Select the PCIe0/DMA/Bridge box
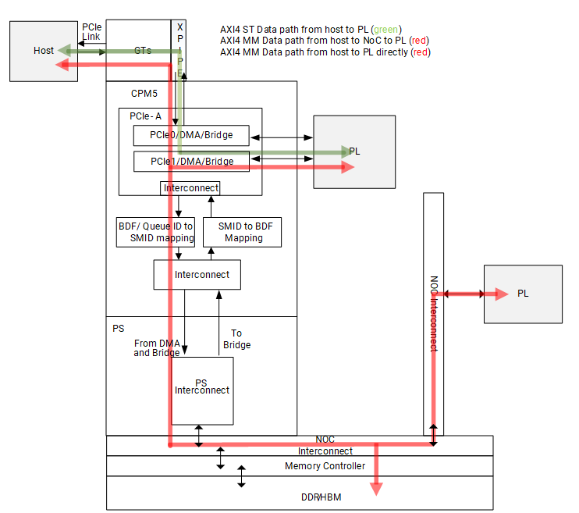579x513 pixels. click(190, 135)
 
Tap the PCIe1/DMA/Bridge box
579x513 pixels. click(190, 161)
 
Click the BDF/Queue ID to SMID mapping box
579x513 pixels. click(155, 232)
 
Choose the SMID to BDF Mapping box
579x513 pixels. click(242, 232)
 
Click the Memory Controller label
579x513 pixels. click(325, 466)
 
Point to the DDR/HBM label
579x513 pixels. click(323, 497)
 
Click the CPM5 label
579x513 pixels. click(145, 93)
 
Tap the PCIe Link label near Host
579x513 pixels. click(91, 32)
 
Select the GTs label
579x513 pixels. click(143, 51)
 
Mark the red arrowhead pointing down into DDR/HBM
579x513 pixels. click(377, 488)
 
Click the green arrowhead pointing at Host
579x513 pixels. click(65, 51)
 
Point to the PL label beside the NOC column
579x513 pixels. click(523, 294)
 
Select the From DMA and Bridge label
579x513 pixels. click(157, 348)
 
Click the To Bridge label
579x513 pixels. click(236, 339)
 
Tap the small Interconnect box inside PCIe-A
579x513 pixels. click(190, 188)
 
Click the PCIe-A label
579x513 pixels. click(145, 116)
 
